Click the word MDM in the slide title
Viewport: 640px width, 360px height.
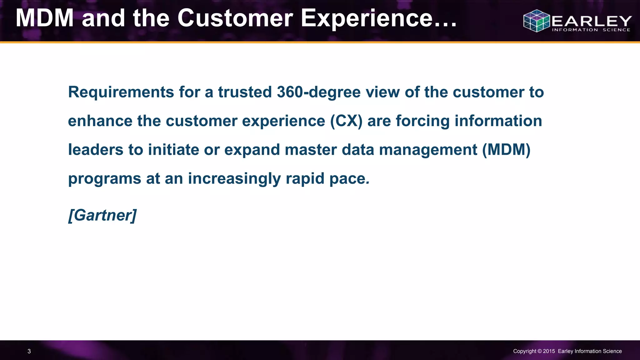pyautogui.click(x=44, y=18)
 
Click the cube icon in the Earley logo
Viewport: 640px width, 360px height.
pyautogui.click(x=536, y=21)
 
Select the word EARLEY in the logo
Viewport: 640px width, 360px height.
pyautogui.click(x=592, y=21)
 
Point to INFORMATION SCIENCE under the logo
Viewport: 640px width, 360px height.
pyautogui.click(x=591, y=30)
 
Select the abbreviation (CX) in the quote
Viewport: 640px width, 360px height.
pyautogui.click(x=346, y=121)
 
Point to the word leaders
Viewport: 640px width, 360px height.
pyautogui.click(x=96, y=150)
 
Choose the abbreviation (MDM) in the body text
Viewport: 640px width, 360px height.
pyautogui.click(x=506, y=150)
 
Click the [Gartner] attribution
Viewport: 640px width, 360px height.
pyautogui.click(x=102, y=215)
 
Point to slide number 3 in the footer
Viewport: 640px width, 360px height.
pyautogui.click(x=29, y=351)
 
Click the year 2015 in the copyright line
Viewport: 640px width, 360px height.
pyautogui.click(x=549, y=351)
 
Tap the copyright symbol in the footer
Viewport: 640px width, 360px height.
pyautogui.click(x=539, y=351)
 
